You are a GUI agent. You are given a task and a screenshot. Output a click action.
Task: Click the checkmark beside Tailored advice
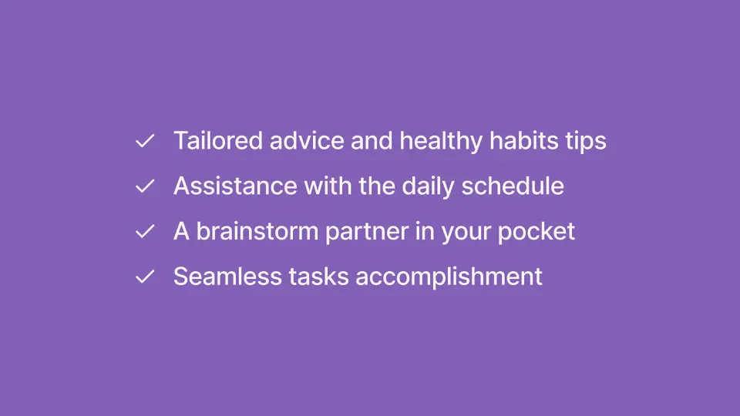click(145, 141)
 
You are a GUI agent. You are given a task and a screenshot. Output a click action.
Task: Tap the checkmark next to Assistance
click(145, 186)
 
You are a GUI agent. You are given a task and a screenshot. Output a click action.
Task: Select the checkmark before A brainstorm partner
click(145, 232)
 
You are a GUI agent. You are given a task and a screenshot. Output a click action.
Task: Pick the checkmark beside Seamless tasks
click(145, 277)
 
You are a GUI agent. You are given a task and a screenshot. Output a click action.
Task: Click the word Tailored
click(218, 140)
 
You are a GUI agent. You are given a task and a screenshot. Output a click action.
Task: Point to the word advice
click(307, 140)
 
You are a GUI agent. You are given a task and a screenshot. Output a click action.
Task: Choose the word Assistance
click(235, 186)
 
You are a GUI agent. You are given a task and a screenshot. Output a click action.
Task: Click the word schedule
click(513, 186)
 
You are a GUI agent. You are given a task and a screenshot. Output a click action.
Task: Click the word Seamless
click(227, 277)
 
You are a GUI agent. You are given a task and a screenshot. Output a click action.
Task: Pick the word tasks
click(318, 277)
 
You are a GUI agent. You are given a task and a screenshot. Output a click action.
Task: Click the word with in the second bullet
click(328, 186)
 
